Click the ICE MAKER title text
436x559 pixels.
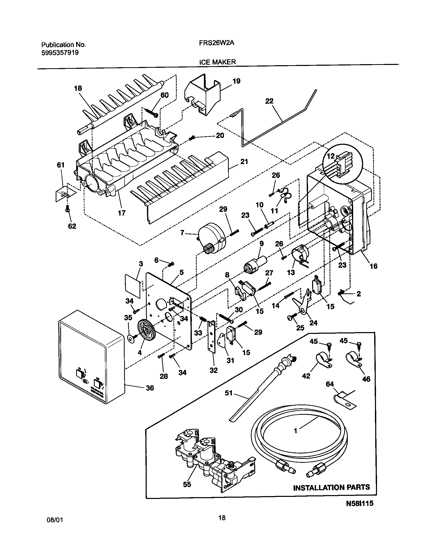coord(217,62)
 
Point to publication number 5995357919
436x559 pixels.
coord(60,53)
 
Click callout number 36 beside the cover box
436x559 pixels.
coord(150,388)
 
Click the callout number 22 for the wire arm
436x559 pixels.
coord(269,101)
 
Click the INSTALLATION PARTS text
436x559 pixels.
coord(331,487)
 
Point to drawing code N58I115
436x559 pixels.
coord(360,510)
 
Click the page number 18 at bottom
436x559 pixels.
coord(222,525)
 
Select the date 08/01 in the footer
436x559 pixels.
coord(55,527)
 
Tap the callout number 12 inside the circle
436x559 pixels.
coord(331,156)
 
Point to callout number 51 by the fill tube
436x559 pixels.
coord(229,393)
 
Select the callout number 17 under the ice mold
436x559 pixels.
coord(122,213)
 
